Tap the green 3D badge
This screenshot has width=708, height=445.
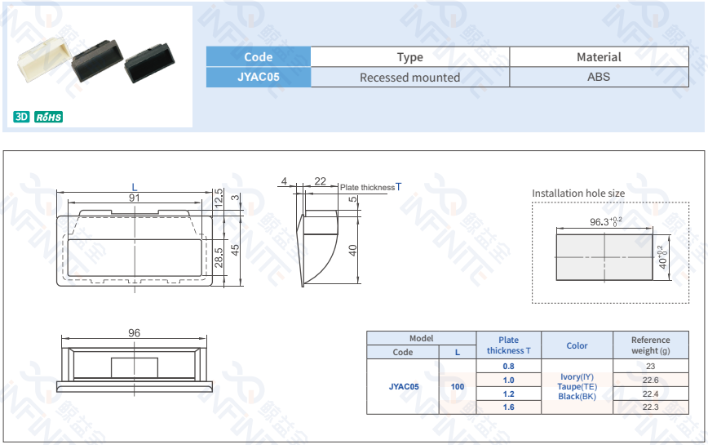click(x=21, y=117)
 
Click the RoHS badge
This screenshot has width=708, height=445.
click(x=49, y=117)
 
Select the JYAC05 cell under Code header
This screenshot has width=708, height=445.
click(x=258, y=77)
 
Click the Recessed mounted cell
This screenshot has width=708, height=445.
click(x=409, y=78)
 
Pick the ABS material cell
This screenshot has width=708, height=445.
click(x=599, y=77)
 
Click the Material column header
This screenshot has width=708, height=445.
click(x=599, y=57)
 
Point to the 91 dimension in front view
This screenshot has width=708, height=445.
click(x=134, y=198)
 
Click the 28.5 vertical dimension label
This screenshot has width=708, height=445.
click(x=218, y=257)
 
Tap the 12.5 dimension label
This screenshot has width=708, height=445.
click(x=218, y=197)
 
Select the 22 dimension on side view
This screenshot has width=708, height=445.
click(x=320, y=181)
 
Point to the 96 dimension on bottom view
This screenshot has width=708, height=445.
click(x=135, y=333)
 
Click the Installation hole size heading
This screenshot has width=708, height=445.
click(x=578, y=194)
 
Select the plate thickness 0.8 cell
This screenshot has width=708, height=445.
click(x=508, y=367)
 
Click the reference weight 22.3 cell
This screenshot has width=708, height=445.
click(x=650, y=407)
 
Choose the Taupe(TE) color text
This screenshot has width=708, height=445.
click(x=577, y=386)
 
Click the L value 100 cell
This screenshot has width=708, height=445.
click(x=458, y=386)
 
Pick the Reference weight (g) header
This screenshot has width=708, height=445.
click(x=650, y=345)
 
